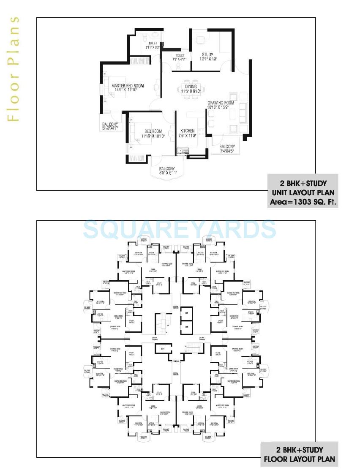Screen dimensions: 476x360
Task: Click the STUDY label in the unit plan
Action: click(x=207, y=55)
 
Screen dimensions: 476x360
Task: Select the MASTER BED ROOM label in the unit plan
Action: click(x=127, y=86)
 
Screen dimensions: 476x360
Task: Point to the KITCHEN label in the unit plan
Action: click(x=187, y=131)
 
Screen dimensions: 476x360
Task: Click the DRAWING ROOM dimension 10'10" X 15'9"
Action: click(x=221, y=108)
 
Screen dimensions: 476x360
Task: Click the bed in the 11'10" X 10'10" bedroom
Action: click(x=141, y=134)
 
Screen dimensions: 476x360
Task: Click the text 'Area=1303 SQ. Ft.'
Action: click(x=303, y=202)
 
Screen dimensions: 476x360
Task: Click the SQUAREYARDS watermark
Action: click(x=180, y=229)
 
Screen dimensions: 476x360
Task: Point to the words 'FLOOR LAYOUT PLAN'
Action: click(x=299, y=459)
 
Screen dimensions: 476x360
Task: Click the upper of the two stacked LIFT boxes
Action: click(x=186, y=313)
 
